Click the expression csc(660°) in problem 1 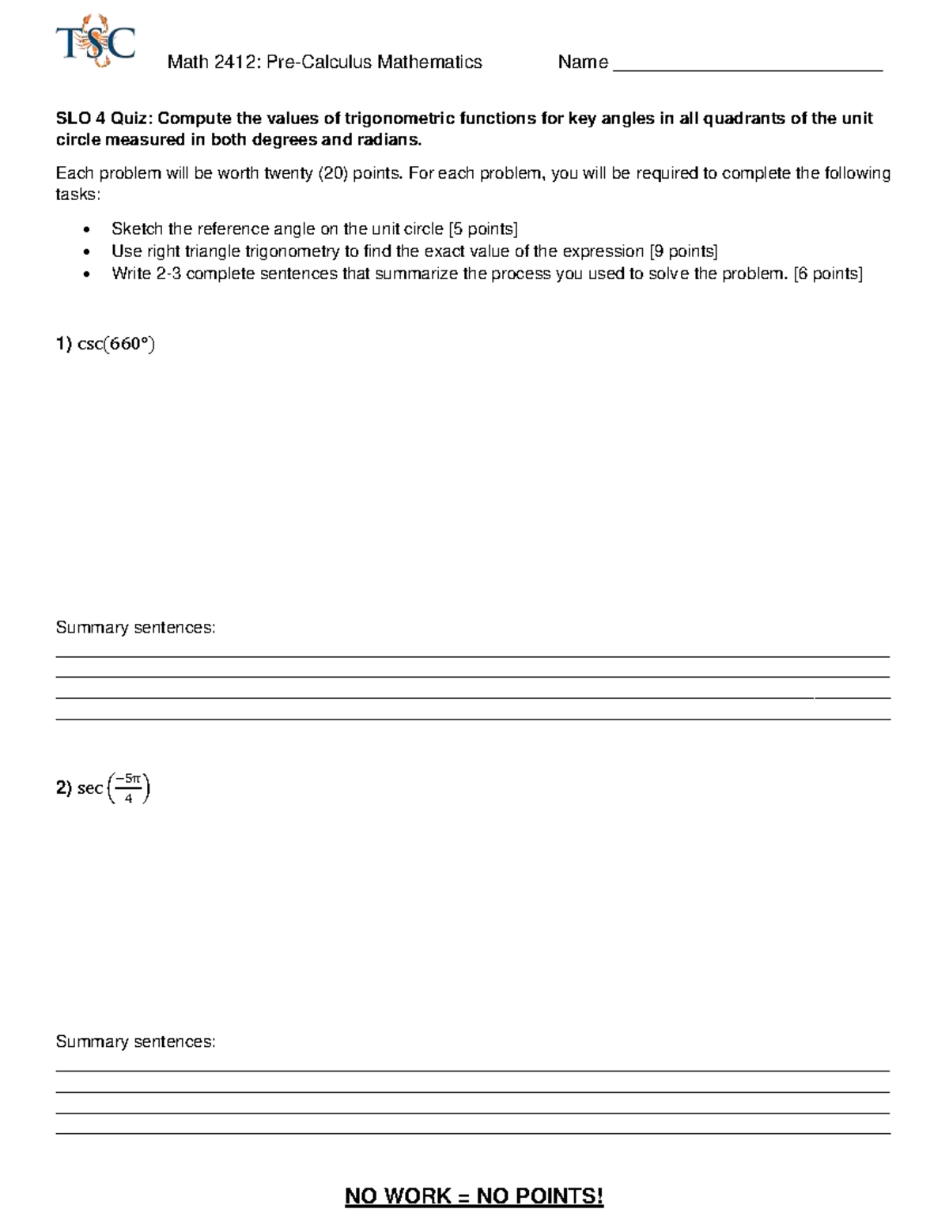116,344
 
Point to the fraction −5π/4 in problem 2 127,788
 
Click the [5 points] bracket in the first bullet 482,229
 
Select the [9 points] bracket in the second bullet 683,251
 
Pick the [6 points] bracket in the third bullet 828,274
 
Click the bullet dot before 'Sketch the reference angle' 87,230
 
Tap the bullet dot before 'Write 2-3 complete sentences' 87,274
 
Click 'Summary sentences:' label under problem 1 135,628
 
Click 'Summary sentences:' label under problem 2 135,1042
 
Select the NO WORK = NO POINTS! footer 474,1196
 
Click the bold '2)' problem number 63,788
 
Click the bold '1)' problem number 63,344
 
